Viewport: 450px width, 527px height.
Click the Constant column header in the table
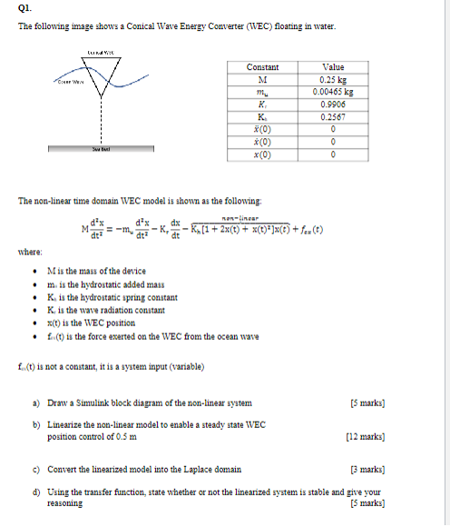pyautogui.click(x=262, y=67)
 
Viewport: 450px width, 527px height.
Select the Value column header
pyautogui.click(x=334, y=67)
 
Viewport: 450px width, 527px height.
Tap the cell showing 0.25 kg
pyautogui.click(x=334, y=79)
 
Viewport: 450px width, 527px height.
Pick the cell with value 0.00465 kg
pyautogui.click(x=334, y=91)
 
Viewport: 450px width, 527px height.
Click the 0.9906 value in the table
pyautogui.click(x=334, y=104)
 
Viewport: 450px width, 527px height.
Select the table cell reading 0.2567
pyautogui.click(x=334, y=116)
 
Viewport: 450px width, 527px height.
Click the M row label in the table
pyautogui.click(x=262, y=79)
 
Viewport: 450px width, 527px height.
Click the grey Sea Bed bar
pyautogui.click(x=99, y=151)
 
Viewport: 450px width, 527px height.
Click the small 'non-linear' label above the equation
pyautogui.click(x=241, y=217)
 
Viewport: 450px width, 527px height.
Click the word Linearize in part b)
pyautogui.click(x=66, y=425)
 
